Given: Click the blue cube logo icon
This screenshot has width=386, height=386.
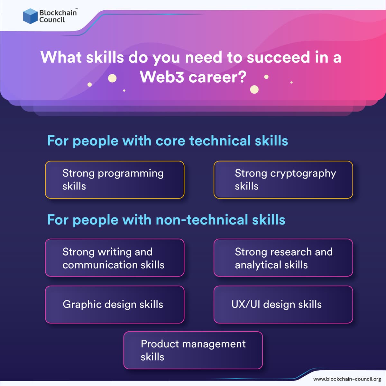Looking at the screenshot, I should (x=30, y=16).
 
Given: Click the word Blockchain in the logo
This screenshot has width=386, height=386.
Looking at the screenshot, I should (x=58, y=13).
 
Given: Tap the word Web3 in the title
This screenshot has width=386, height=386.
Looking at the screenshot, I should (x=161, y=77).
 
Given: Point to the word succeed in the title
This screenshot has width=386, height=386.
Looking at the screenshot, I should (x=278, y=57).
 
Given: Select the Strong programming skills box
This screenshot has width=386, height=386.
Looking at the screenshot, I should (x=115, y=179).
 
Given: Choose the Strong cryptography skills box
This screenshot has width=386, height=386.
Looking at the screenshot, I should (x=283, y=179).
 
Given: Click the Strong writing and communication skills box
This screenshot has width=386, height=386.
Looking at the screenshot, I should (x=115, y=258).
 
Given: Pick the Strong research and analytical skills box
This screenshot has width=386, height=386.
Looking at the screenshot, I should (x=283, y=258).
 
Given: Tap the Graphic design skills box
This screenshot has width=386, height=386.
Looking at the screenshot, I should (x=115, y=304).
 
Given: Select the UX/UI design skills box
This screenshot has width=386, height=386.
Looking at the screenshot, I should (x=283, y=304).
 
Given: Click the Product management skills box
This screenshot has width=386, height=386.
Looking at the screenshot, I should (x=193, y=350).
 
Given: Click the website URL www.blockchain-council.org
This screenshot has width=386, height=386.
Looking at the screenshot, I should (x=347, y=379).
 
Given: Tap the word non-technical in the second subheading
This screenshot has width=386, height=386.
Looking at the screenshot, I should (x=202, y=220).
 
